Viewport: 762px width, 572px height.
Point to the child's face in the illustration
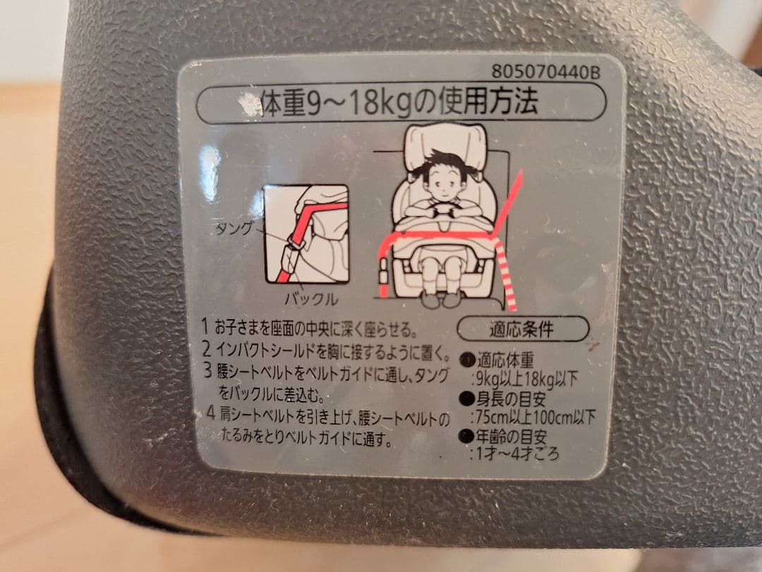[442, 186]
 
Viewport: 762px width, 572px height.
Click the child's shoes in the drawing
[442, 299]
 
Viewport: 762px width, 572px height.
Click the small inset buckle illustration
[306, 234]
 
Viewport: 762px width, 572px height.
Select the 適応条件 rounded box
[524, 328]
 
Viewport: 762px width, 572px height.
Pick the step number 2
[206, 349]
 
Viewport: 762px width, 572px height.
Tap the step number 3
[207, 369]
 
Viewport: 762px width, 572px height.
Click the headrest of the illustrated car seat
[445, 141]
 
